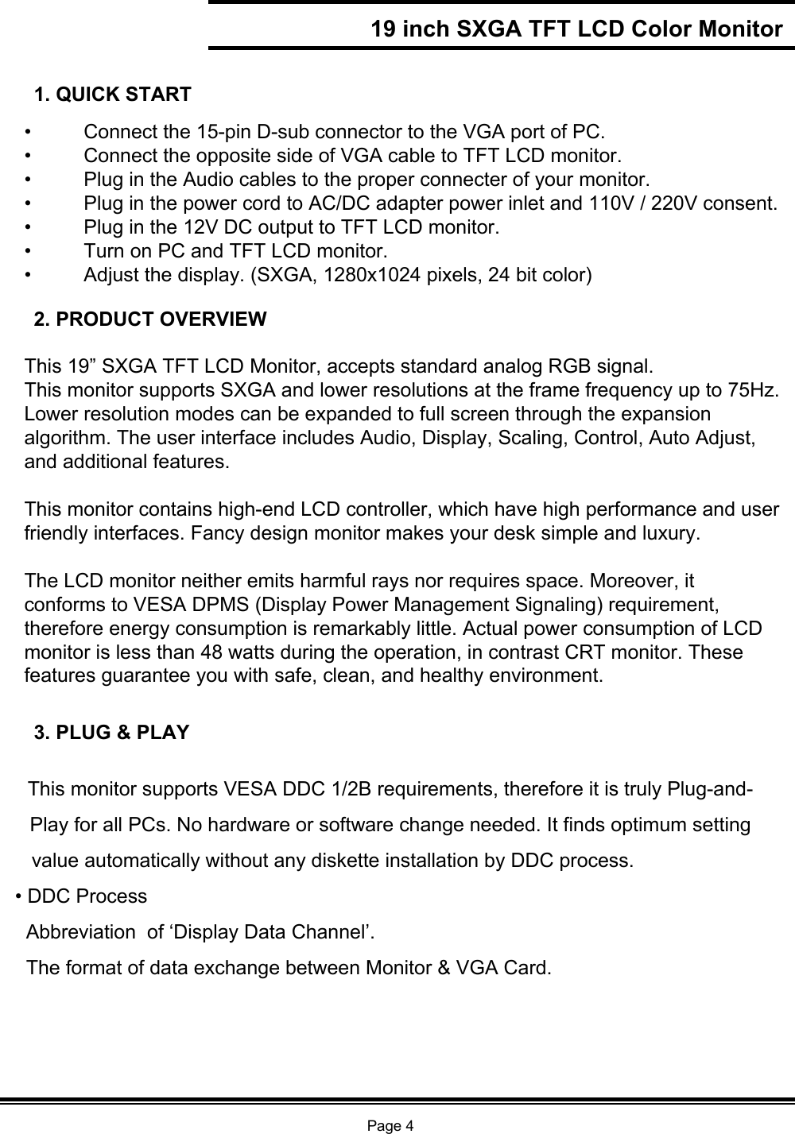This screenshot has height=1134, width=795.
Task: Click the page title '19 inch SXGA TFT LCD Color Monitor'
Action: point(577,29)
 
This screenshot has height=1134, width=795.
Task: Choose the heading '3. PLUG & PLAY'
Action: point(112,732)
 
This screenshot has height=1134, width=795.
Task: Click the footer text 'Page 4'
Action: point(390,1124)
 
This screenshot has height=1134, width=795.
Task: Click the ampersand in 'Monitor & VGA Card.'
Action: point(440,968)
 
